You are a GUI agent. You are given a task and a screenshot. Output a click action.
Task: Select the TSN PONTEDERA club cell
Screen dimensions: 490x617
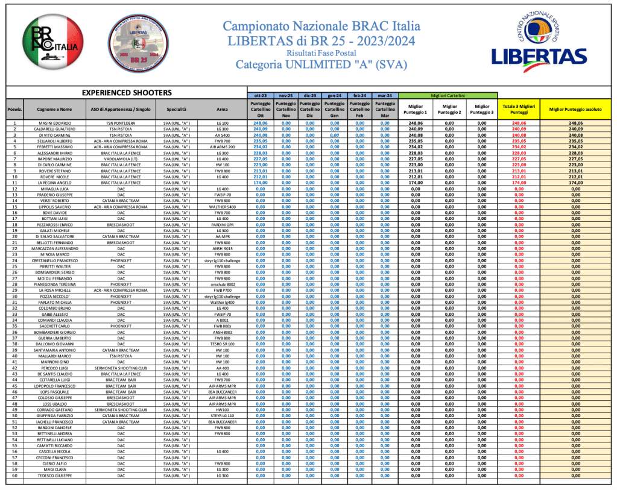click(x=121, y=123)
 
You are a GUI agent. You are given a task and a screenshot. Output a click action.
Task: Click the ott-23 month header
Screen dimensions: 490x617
click(x=261, y=95)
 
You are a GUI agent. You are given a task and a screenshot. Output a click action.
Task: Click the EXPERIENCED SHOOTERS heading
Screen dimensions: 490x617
click(x=127, y=93)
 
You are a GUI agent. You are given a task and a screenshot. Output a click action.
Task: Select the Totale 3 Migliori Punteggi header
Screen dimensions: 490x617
click(x=519, y=109)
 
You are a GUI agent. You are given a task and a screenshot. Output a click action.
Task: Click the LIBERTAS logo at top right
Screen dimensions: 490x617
click(x=531, y=42)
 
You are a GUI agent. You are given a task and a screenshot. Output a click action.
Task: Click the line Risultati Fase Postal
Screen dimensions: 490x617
click(x=319, y=53)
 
